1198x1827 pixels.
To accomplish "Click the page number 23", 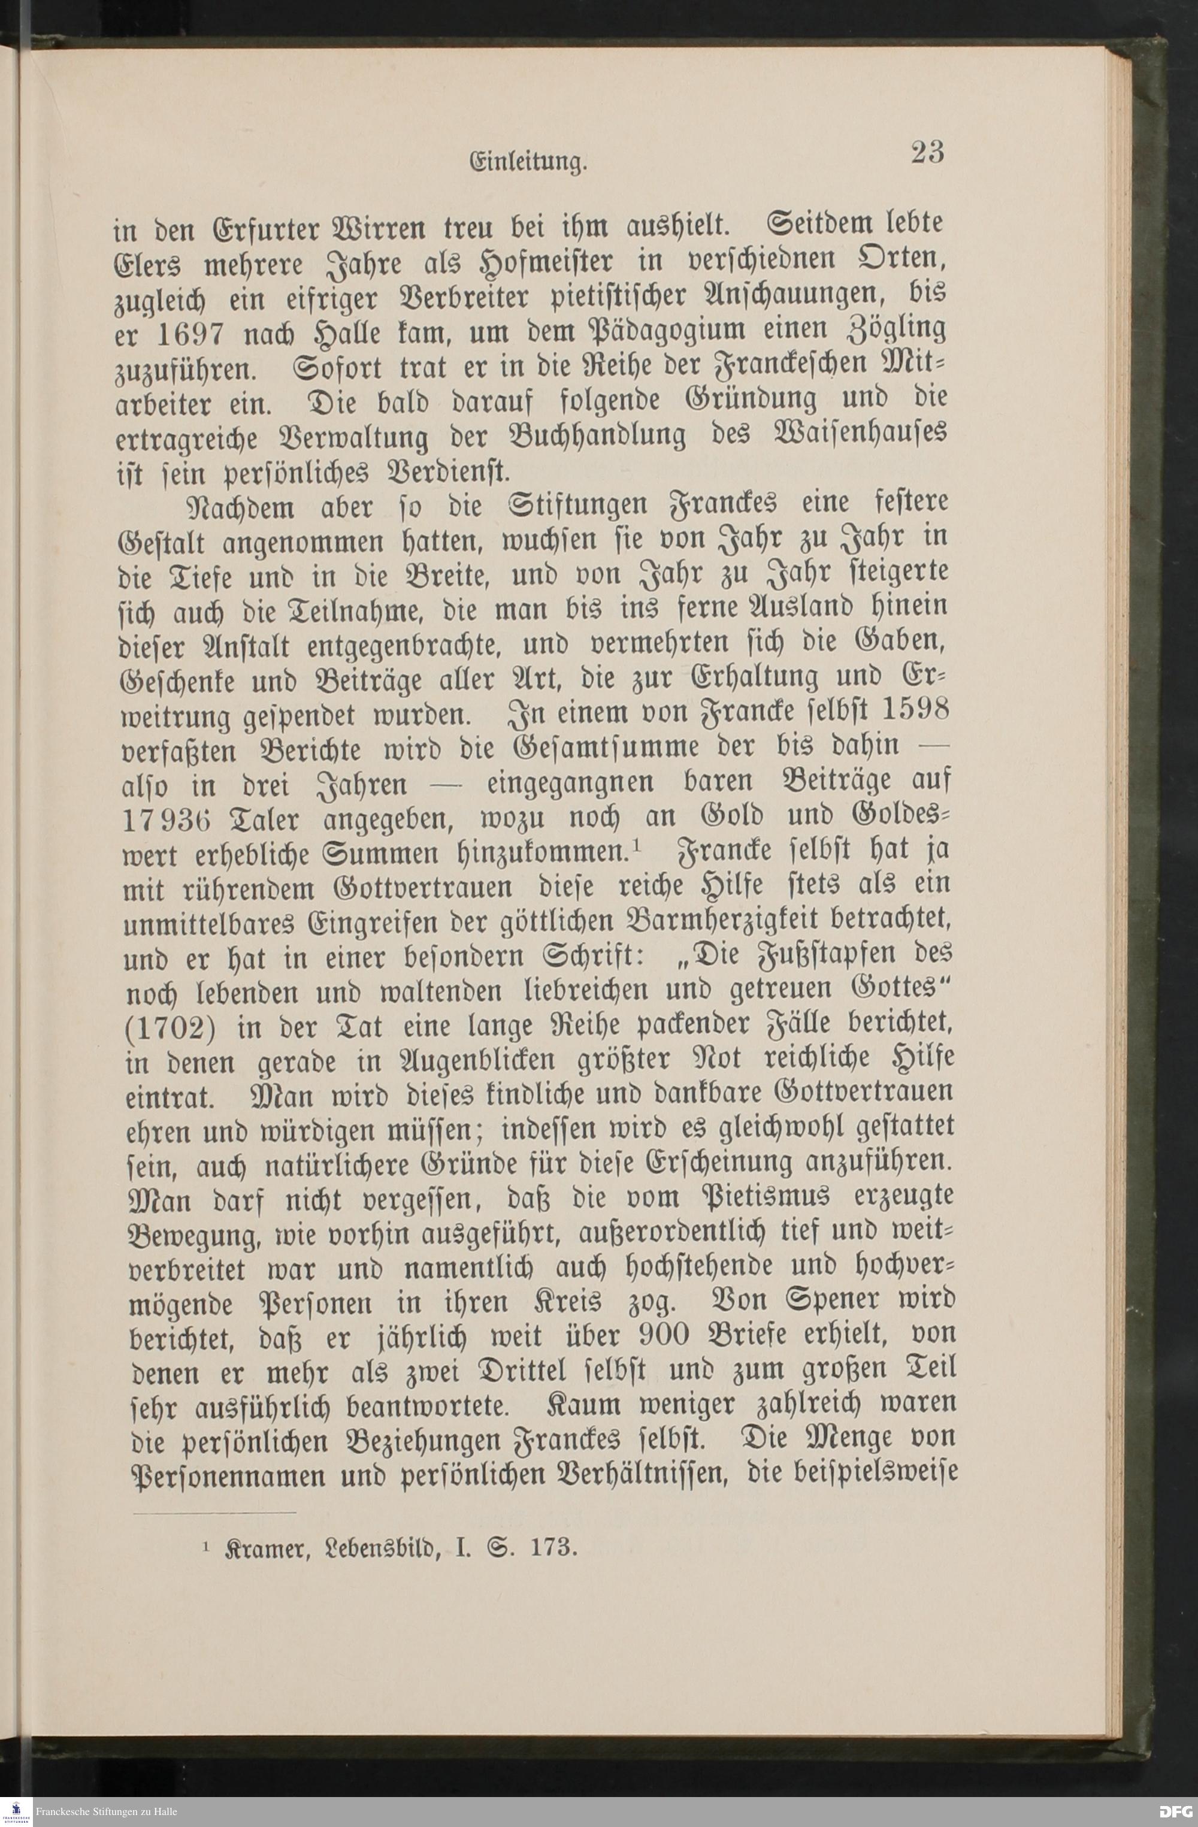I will pos(927,153).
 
